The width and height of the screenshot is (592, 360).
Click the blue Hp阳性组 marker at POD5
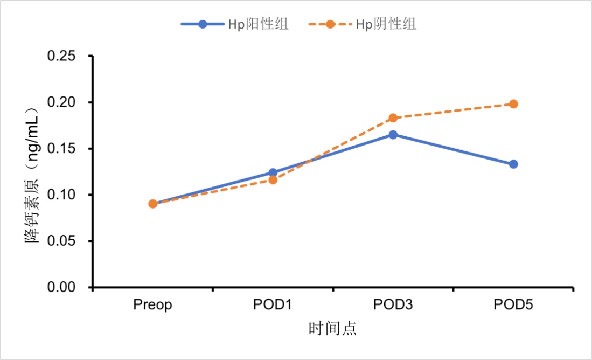point(513,164)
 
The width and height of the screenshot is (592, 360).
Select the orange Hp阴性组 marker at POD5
point(513,104)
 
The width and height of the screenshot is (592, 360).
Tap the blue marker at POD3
point(393,135)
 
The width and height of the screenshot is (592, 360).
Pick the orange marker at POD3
point(393,118)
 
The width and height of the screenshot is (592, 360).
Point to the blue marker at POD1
point(273,172)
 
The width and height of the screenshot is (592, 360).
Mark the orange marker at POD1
point(273,180)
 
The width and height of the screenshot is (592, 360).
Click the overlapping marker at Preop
point(153,204)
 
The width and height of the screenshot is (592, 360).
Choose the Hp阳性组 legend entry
point(235,24)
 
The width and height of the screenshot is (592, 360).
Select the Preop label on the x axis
point(153,305)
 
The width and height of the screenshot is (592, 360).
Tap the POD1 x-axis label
point(273,305)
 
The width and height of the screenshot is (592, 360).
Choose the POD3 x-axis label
point(393,305)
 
